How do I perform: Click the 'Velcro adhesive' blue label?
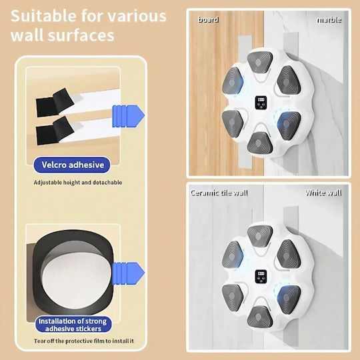[72, 165]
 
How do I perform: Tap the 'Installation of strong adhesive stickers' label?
[73, 325]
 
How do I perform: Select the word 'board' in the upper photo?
[208, 20]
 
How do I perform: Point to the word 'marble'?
[329, 20]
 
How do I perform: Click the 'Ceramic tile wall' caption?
[219, 193]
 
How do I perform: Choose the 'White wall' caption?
[323, 193]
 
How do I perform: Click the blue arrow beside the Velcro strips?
[128, 116]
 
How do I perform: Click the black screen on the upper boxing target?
[261, 103]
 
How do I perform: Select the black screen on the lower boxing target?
[261, 277]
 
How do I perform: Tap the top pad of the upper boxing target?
[260, 62]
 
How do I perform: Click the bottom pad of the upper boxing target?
[259, 143]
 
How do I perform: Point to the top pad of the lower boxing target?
[260, 236]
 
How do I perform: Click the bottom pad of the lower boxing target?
[259, 317]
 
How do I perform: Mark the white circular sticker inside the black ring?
[77, 281]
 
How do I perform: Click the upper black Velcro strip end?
[55, 103]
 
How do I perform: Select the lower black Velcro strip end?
[55, 131]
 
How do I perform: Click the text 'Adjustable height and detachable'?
[78, 183]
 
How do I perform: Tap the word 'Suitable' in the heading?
[43, 16]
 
